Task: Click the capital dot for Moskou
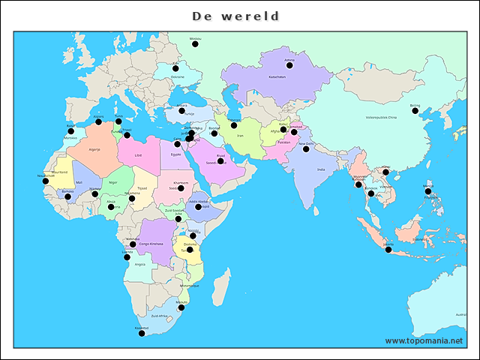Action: [195, 44]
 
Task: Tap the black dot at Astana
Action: [289, 65]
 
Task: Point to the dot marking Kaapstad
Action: [141, 333]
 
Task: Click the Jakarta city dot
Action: [388, 249]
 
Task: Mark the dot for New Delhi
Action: [306, 148]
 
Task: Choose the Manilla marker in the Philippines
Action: [428, 191]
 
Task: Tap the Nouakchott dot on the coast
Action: [45, 181]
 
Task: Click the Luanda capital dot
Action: [127, 256]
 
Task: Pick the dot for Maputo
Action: [182, 307]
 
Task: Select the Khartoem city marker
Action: [181, 187]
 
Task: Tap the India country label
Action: [321, 170]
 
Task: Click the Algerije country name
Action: [94, 149]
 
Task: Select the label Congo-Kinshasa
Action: [150, 244]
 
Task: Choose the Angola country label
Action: [140, 264]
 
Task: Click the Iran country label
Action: [241, 136]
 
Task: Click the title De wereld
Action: [235, 16]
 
